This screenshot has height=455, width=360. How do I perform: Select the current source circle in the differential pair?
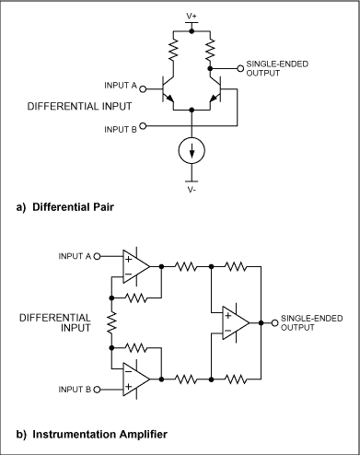click(x=192, y=150)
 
